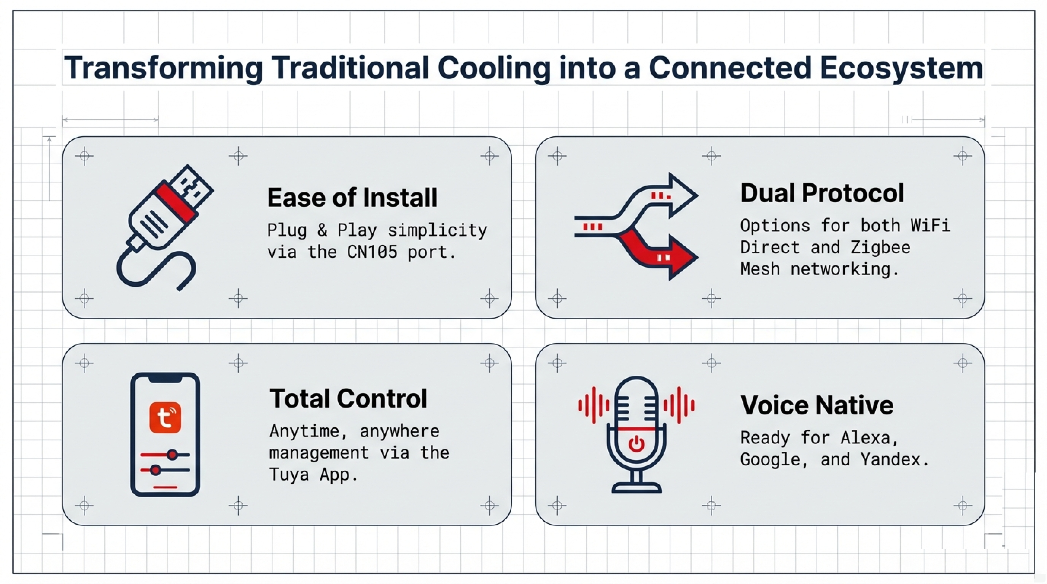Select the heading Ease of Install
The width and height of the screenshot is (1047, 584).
[352, 198]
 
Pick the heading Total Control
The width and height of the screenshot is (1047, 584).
[348, 398]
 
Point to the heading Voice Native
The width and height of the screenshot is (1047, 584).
[817, 405]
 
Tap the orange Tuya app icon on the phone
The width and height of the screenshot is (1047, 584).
[165, 418]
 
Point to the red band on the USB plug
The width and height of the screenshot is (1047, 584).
[176, 203]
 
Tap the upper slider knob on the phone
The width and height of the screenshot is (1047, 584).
[172, 454]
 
